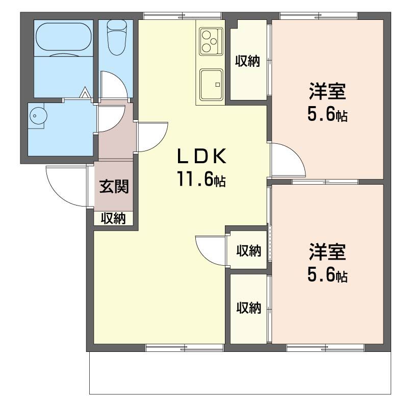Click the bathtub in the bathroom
(64, 37)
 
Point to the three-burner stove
(211, 42)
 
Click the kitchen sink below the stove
(211, 85)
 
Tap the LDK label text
(201, 156)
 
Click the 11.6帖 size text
(201, 179)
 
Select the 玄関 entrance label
(114, 186)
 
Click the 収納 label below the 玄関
(113, 218)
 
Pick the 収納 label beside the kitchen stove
(247, 61)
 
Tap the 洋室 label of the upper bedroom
(327, 91)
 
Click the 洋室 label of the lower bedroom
(327, 251)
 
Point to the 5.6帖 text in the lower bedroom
(327, 275)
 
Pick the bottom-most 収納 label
(248, 308)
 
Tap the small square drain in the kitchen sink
(218, 85)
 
